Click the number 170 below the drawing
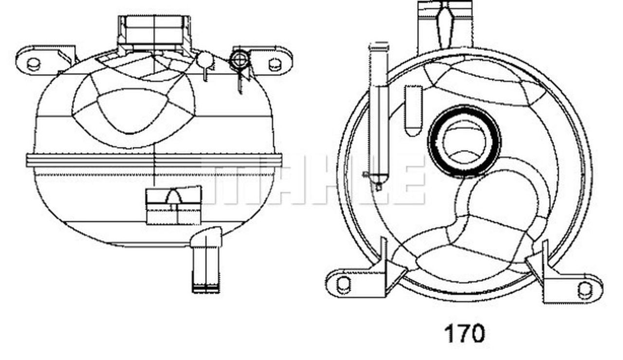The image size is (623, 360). (x=464, y=334)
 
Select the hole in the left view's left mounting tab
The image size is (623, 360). (x=33, y=64)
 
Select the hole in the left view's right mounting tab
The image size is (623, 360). (x=275, y=64)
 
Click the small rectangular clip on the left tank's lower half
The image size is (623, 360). (x=174, y=207)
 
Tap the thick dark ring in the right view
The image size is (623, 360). (x=464, y=141)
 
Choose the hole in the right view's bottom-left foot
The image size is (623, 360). (x=343, y=284)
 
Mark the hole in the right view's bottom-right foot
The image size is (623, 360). (x=585, y=289)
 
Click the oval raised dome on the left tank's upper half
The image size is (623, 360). (x=133, y=110)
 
